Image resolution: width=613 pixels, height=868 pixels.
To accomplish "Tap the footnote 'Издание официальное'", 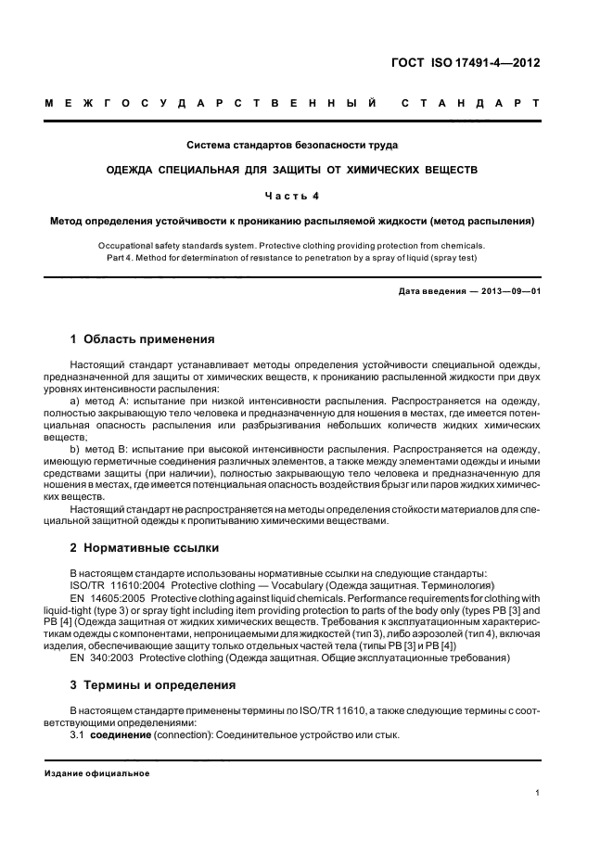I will tap(97, 773).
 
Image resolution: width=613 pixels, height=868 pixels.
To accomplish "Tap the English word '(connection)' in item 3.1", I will tap(190, 735).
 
